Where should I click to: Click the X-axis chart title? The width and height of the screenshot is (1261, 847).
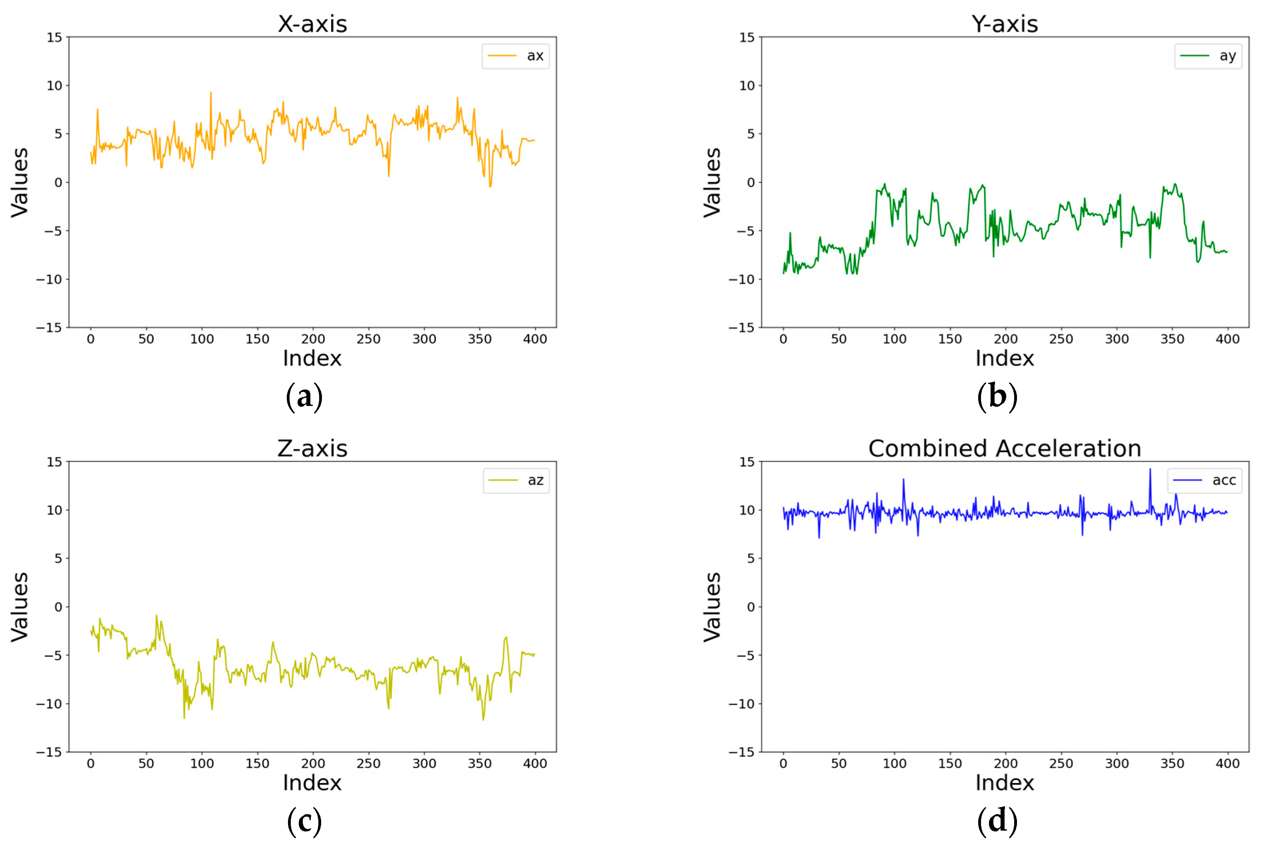[312, 24]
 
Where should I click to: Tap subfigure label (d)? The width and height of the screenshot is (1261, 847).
[997, 821]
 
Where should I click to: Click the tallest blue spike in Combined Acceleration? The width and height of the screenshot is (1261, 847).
[1149, 470]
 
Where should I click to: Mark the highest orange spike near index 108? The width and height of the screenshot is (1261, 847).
[210, 93]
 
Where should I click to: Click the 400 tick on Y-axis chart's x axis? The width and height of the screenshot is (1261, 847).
[1227, 339]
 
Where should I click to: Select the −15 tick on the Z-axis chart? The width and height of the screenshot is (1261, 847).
[49, 752]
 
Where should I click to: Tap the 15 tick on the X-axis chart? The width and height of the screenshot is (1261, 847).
[55, 37]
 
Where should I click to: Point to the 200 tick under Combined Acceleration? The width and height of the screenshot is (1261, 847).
[1005, 763]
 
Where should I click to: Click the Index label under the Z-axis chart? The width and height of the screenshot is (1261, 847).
[312, 783]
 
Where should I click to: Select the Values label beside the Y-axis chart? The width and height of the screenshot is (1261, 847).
[712, 183]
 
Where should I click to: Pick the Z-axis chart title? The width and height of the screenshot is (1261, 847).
[312, 448]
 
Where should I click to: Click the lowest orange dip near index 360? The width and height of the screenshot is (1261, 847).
[490, 186]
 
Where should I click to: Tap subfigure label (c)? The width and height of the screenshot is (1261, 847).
[304, 821]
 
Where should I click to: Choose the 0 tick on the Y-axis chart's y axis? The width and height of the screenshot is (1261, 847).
[751, 183]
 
